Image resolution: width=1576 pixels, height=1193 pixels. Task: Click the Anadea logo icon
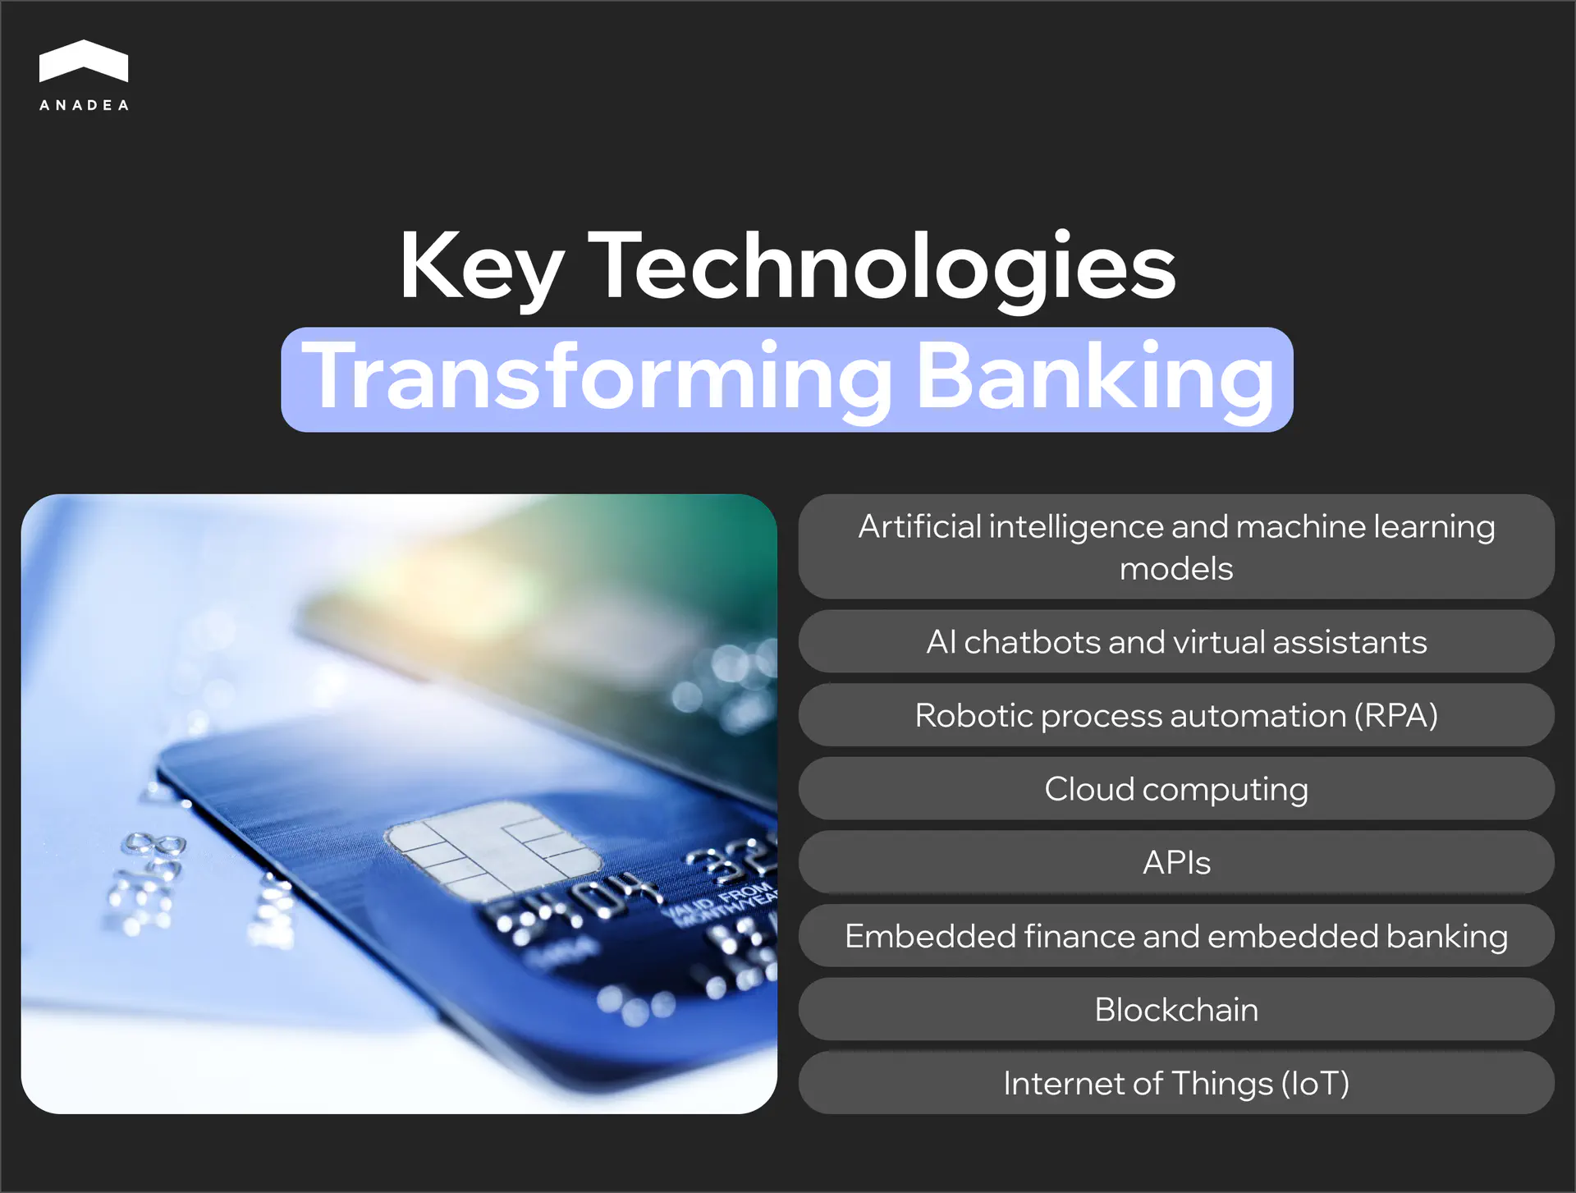[x=83, y=62]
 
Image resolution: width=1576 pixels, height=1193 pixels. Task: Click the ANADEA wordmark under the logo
[x=84, y=105]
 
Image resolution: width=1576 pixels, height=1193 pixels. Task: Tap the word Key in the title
[x=481, y=267]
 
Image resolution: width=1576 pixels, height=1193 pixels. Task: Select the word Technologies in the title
[x=882, y=267]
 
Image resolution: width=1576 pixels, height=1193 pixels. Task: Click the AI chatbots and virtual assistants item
[x=1175, y=642]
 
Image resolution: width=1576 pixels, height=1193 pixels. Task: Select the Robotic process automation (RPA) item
[x=1175, y=715]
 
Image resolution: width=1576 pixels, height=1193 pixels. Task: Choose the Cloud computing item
[x=1175, y=789]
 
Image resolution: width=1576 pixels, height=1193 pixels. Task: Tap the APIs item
[x=1175, y=863]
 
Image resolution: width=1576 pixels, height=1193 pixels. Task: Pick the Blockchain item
[x=1175, y=1010]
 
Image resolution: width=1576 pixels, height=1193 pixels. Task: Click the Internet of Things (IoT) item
[x=1175, y=1084]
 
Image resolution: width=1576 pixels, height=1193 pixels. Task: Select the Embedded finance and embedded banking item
[x=1175, y=937]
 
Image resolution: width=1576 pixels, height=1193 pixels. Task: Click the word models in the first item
[x=1175, y=569]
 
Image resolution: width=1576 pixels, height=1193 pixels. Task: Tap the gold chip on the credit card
[x=492, y=851]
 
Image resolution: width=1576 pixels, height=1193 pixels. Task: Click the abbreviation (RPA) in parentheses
[x=1395, y=715]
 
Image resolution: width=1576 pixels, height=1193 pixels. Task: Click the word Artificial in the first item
[x=919, y=526]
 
